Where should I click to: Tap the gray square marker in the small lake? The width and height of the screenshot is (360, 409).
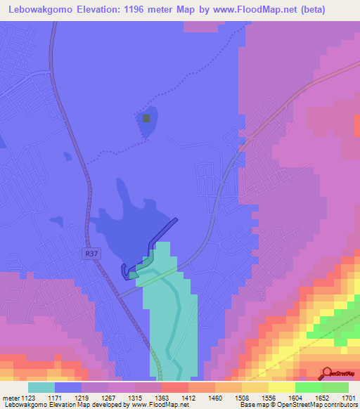(x=146, y=118)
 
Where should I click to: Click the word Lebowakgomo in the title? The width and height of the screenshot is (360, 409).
(x=34, y=10)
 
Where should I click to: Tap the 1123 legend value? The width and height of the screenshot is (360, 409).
(x=27, y=397)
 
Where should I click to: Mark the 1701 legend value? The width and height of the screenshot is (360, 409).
(x=348, y=397)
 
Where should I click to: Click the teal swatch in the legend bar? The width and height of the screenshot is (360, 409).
(x=41, y=387)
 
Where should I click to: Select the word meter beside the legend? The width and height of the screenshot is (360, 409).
(x=10, y=397)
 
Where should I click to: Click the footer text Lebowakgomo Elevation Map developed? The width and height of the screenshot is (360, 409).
(x=56, y=405)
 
